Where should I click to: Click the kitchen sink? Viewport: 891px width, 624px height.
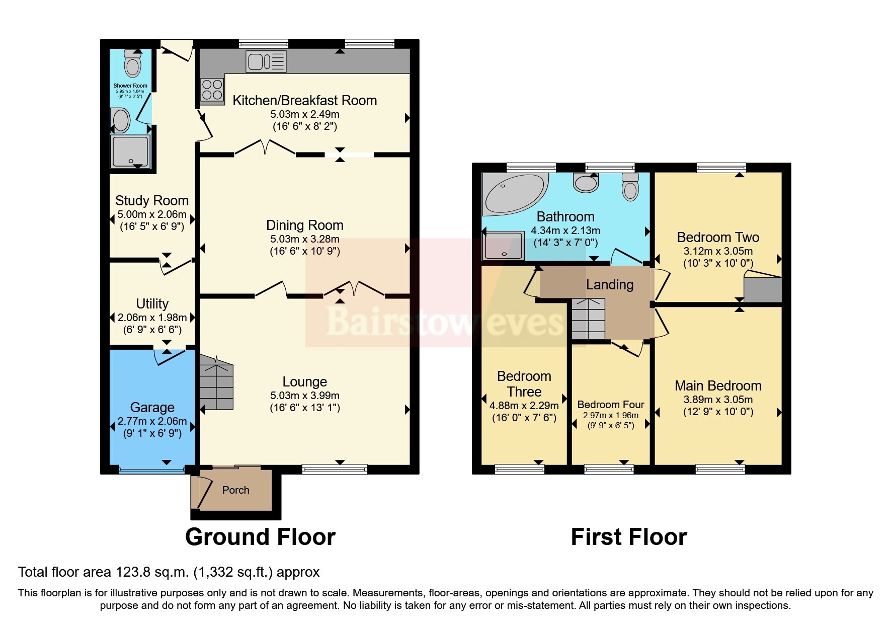pos(266,61)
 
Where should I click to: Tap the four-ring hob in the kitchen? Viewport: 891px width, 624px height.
pos(212,90)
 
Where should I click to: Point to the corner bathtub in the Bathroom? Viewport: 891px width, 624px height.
pos(513,193)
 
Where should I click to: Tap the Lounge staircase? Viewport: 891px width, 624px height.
pos(217,382)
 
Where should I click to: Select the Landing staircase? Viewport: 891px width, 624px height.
pos(588,319)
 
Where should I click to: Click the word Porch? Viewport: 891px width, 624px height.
pos(235,490)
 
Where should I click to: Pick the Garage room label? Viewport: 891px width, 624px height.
pos(152,407)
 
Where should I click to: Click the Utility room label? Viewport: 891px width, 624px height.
pos(152,303)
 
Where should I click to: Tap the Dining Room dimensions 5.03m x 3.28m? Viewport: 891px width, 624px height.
pos(305,239)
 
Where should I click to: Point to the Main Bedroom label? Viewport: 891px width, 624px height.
pos(718,386)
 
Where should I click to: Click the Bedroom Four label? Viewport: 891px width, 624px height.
pos(611,405)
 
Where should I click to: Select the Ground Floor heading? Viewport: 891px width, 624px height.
pos(260,537)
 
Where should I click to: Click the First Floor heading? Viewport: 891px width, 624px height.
pos(629,537)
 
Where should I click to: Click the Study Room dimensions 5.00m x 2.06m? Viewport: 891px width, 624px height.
pos(152,214)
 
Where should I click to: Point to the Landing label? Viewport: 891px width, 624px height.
pos(610,285)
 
